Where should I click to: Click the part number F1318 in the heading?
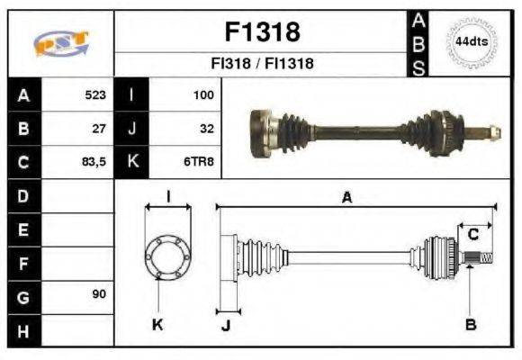(x=261, y=33)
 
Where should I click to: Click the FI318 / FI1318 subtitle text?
(x=261, y=64)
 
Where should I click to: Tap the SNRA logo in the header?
(x=60, y=42)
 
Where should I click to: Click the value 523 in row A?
(x=94, y=94)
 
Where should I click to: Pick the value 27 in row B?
(x=99, y=129)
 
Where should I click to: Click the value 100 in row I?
(x=202, y=94)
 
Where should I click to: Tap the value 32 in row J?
(x=206, y=129)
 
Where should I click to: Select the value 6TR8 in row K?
(x=200, y=163)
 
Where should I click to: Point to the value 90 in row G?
(x=99, y=294)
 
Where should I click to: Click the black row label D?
(x=23, y=195)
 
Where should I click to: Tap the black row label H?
(x=23, y=330)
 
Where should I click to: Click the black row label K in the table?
(x=132, y=163)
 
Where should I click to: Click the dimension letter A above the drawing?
(x=346, y=198)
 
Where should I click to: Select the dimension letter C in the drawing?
(x=472, y=235)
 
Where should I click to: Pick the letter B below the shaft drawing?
(x=470, y=324)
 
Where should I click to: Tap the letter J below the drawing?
(x=226, y=325)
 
